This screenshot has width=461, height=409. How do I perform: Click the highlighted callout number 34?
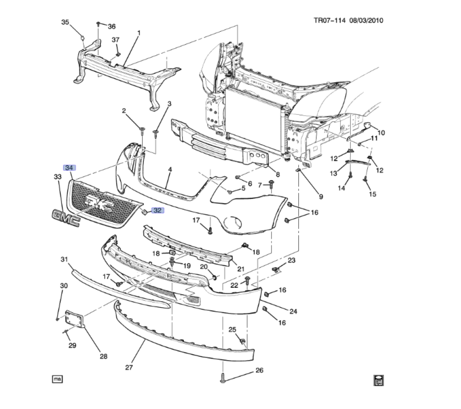coord(70,168)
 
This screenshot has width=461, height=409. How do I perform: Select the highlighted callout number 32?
coord(158,210)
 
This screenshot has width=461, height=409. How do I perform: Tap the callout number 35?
coord(65,22)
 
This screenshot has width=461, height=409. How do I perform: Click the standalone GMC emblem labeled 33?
coord(66,217)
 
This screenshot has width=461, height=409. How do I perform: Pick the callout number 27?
coord(129,367)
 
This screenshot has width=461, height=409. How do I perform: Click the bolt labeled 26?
coord(223,378)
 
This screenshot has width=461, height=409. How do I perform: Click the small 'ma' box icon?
coord(57,379)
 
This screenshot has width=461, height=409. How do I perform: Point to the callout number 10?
coord(381,133)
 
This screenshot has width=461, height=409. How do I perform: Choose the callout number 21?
coord(240,269)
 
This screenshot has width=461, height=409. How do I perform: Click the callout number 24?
coord(293,311)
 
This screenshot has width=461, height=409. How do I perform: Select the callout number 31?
coord(64,260)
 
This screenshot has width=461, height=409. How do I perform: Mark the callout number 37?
coord(116,40)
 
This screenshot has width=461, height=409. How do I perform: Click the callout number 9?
coord(320,197)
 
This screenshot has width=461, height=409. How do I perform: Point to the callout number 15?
coord(372,194)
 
